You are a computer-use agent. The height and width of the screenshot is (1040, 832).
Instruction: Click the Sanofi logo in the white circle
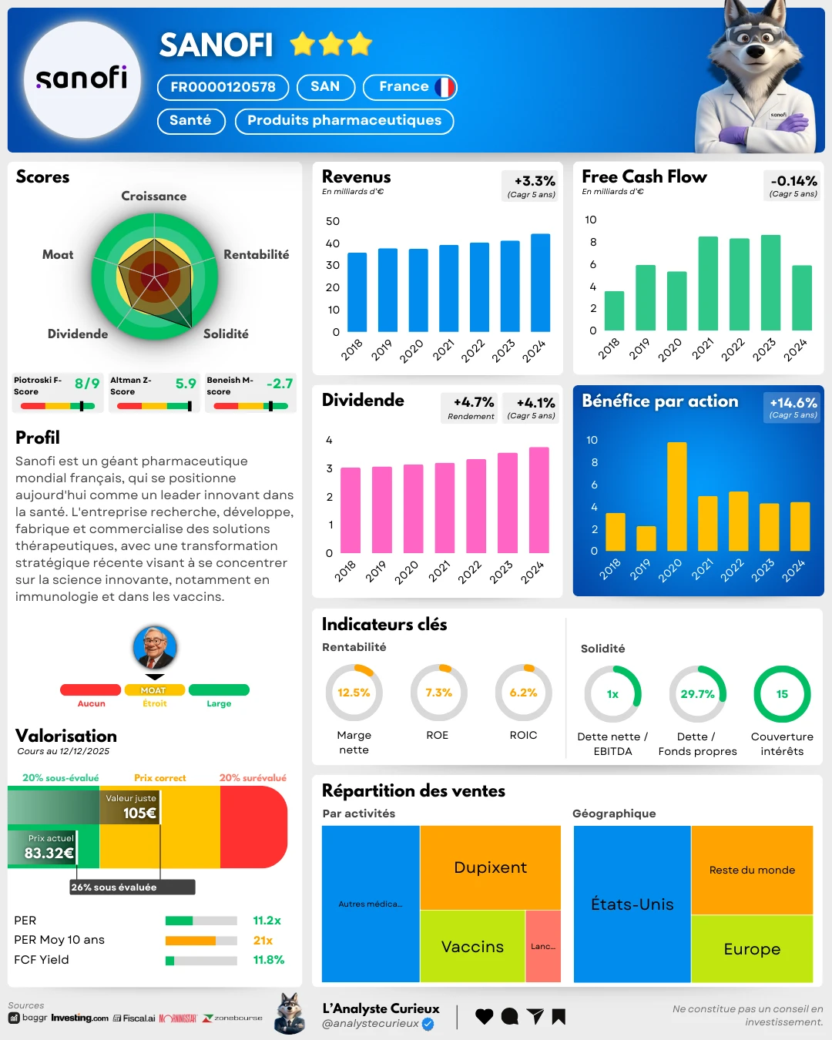pyautogui.click(x=82, y=79)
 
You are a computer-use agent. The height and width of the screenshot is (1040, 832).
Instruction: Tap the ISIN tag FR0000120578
pyautogui.click(x=223, y=87)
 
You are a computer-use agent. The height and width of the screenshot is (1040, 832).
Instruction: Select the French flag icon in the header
pyautogui.click(x=445, y=87)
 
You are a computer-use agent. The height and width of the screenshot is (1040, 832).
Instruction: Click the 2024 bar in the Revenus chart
pyautogui.click(x=541, y=283)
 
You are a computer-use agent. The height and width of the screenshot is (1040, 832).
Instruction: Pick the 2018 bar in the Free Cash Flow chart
pyautogui.click(x=614, y=310)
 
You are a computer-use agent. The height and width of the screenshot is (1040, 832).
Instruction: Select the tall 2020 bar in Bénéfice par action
pyautogui.click(x=676, y=496)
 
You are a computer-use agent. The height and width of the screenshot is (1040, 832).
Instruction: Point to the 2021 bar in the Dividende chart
pyautogui.click(x=445, y=508)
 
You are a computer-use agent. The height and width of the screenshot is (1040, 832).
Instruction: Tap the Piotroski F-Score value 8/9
pyautogui.click(x=87, y=384)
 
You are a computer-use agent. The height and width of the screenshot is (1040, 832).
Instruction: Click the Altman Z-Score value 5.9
pyautogui.click(x=186, y=384)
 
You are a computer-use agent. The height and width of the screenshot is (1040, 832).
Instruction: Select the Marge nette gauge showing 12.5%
pyautogui.click(x=354, y=693)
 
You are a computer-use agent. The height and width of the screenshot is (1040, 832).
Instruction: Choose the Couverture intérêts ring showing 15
pyautogui.click(x=782, y=694)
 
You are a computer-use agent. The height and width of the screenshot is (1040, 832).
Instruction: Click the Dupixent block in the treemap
pyautogui.click(x=490, y=867)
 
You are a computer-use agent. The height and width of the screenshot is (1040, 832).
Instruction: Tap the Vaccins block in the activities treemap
pyautogui.click(x=472, y=947)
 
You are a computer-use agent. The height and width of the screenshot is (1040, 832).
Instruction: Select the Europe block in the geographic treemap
pyautogui.click(x=752, y=949)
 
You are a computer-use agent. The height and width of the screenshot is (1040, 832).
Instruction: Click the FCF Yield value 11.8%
pyautogui.click(x=268, y=960)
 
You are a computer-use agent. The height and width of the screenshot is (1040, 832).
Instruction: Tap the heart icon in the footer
pyautogui.click(x=484, y=1017)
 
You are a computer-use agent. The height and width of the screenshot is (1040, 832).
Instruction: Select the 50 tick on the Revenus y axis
pyautogui.click(x=333, y=221)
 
